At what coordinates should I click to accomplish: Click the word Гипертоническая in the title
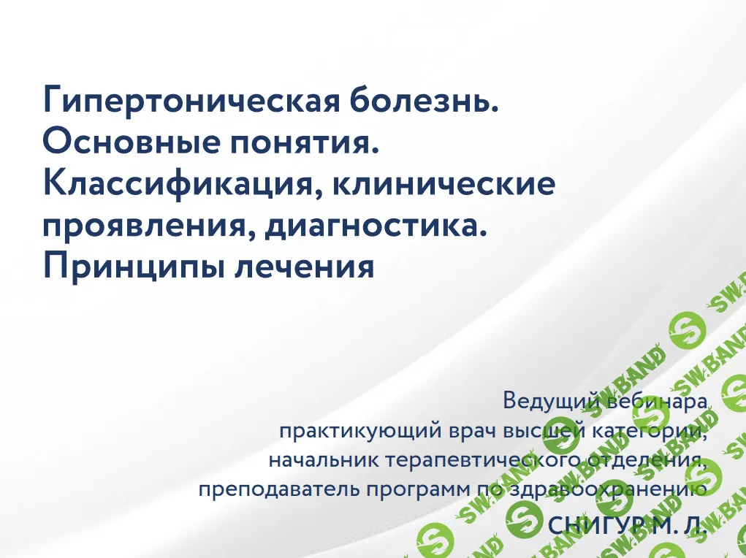point(189,100)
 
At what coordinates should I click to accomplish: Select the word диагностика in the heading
point(376,226)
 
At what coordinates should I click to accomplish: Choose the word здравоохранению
point(599,490)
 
